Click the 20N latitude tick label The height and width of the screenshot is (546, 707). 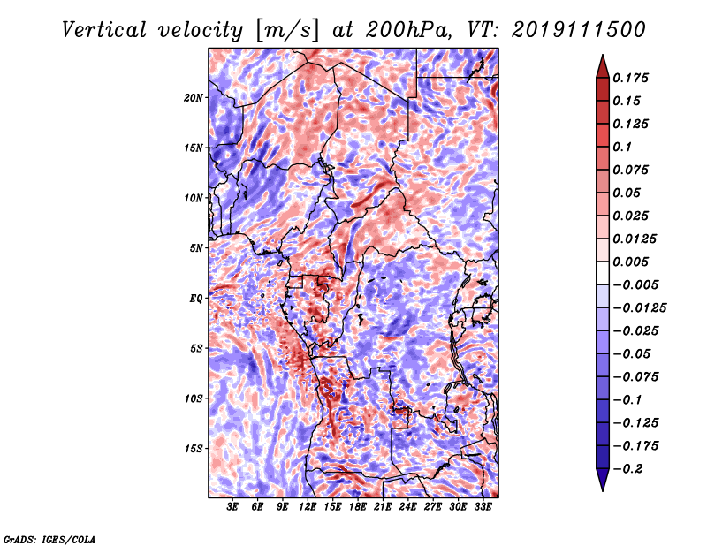click(194, 98)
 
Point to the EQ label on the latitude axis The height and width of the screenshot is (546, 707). click(196, 299)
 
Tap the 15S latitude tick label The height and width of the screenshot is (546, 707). click(194, 449)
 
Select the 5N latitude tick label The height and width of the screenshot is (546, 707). click(196, 248)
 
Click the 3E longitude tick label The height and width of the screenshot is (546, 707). click(232, 507)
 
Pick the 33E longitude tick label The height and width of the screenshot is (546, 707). click(483, 507)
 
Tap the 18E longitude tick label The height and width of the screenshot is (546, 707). click(358, 507)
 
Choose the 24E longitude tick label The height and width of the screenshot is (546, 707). click(407, 507)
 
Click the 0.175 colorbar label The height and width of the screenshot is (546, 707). click(630, 78)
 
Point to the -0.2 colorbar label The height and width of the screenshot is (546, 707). click(627, 469)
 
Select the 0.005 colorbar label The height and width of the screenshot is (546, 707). click(630, 262)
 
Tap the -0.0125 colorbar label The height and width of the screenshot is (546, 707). click(639, 308)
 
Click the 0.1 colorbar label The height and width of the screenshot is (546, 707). click(622, 147)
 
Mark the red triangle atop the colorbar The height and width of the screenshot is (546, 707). click(603, 67)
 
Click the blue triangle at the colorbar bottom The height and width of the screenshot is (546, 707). click(603, 479)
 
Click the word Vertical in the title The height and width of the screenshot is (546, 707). click(104, 30)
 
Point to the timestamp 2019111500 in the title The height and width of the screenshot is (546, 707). click(579, 30)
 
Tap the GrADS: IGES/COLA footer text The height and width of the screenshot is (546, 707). click(49, 539)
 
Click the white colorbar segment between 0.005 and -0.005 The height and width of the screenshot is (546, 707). click(603, 273)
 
